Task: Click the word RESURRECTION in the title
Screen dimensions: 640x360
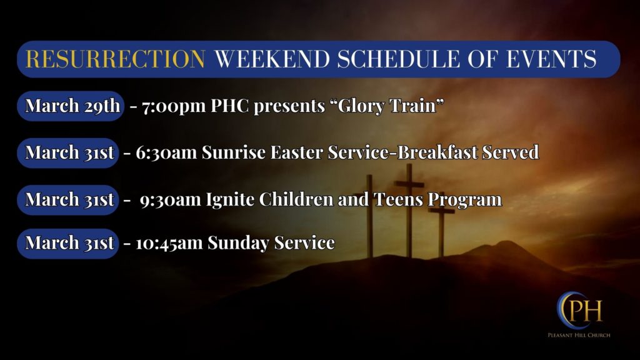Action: [x=115, y=59]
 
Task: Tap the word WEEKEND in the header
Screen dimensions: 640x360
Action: [x=272, y=59]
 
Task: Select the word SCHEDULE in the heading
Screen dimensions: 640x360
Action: [x=399, y=59]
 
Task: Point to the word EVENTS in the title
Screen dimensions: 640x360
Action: [x=551, y=59]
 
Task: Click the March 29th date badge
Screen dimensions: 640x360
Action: [x=70, y=106]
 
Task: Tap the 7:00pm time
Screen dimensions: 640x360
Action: [x=174, y=106]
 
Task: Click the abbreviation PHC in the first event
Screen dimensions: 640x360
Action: [x=230, y=106]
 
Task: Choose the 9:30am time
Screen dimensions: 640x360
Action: [x=170, y=200]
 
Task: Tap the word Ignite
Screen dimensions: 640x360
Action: [x=230, y=199]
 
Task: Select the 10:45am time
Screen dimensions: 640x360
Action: [x=169, y=243]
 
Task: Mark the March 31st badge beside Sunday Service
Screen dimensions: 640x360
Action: [x=67, y=243]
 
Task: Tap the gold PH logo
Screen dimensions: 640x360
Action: [x=579, y=311]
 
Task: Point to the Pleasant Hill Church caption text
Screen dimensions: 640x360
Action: [x=579, y=335]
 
